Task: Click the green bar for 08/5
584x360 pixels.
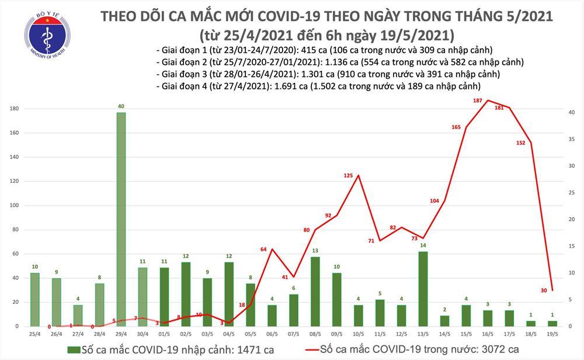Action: tap(315, 290)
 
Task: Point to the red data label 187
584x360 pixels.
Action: tap(477, 101)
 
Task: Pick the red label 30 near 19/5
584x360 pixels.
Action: tap(544, 290)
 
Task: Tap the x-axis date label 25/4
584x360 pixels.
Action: tap(35, 334)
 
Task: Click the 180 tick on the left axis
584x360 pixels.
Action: tap(12, 109)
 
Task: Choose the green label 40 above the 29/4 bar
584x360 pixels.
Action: tap(121, 106)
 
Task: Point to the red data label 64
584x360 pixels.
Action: tap(263, 250)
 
